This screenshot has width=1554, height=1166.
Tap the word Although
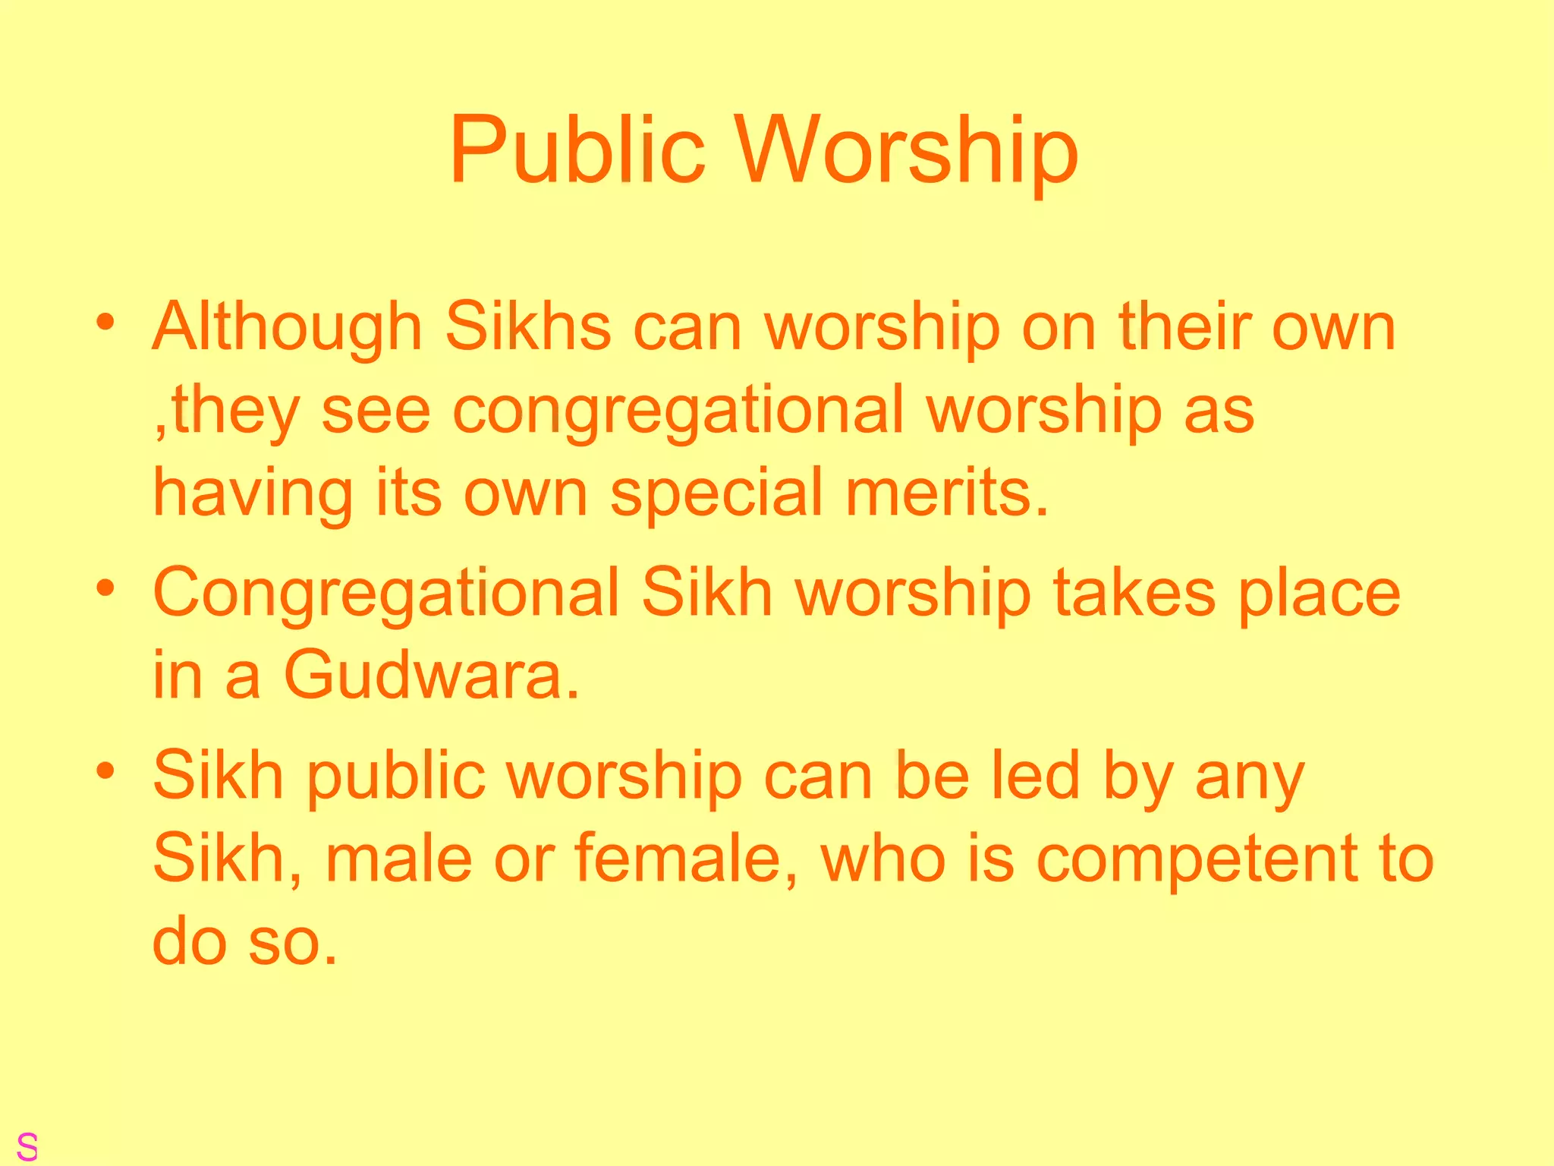pos(288,328)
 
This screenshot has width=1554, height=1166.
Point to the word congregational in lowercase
pos(678,411)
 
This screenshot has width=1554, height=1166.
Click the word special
pos(717,493)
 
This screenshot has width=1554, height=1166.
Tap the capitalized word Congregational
pos(386,594)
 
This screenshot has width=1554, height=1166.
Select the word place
pos(1319,594)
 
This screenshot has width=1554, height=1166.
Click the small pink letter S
pos(27,1146)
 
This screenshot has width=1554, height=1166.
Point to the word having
pos(253,493)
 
